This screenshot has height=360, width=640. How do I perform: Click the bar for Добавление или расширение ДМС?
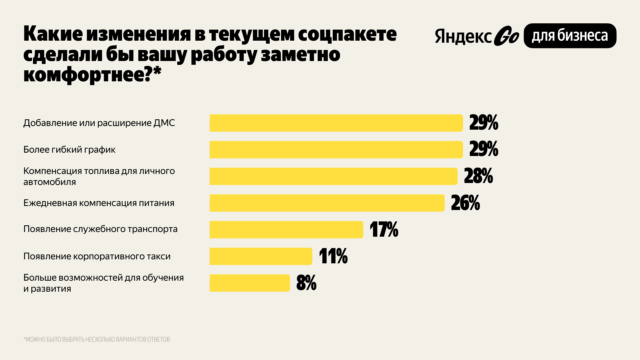(x=336, y=123)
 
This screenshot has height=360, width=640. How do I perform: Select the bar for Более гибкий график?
(x=336, y=150)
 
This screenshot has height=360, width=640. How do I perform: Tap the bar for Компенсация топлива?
(x=333, y=176)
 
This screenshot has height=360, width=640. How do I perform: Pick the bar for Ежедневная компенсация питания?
(x=327, y=203)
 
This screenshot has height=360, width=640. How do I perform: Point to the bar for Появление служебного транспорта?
(x=286, y=230)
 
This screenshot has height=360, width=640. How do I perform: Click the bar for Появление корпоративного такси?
(x=261, y=256)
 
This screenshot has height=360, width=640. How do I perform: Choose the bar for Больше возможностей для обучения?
(x=249, y=283)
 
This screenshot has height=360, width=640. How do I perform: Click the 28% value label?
(x=478, y=176)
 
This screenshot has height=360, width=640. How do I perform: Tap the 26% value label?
(x=465, y=203)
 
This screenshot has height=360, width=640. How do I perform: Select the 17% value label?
(x=384, y=230)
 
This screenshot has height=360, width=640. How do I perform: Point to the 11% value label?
(x=333, y=256)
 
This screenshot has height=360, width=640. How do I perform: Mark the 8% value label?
(x=306, y=283)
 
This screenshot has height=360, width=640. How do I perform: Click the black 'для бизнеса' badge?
(x=570, y=36)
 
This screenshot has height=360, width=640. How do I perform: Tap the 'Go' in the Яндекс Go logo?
(x=506, y=36)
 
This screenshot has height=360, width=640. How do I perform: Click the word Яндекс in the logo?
(x=463, y=37)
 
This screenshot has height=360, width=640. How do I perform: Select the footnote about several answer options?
(x=97, y=339)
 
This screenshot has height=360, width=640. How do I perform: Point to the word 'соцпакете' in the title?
(x=347, y=34)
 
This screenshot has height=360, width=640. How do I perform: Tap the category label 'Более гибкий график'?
(x=69, y=150)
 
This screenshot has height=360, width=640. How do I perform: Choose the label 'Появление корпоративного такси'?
(x=97, y=256)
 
